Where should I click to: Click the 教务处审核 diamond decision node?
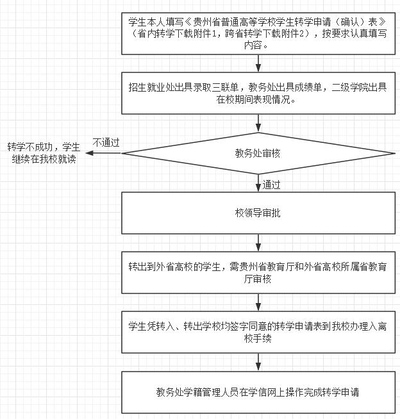click(258, 153)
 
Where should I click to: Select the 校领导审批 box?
click(258, 213)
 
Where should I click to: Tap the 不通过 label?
click(106, 142)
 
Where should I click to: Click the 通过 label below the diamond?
click(271, 185)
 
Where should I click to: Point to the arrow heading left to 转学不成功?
click(103, 153)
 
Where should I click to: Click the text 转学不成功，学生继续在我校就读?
click(44, 153)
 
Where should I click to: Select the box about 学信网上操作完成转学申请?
click(258, 392)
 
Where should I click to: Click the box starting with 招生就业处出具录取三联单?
click(258, 94)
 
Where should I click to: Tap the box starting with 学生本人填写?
click(258, 33)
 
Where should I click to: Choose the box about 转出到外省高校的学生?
click(258, 272)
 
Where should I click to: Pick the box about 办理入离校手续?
click(258, 332)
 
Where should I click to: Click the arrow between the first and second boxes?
click(258, 63)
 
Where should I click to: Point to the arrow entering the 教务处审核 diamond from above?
click(258, 124)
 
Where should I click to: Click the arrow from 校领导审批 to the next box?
click(258, 243)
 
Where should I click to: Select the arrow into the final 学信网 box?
click(258, 363)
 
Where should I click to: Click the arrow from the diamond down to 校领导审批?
click(258, 183)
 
